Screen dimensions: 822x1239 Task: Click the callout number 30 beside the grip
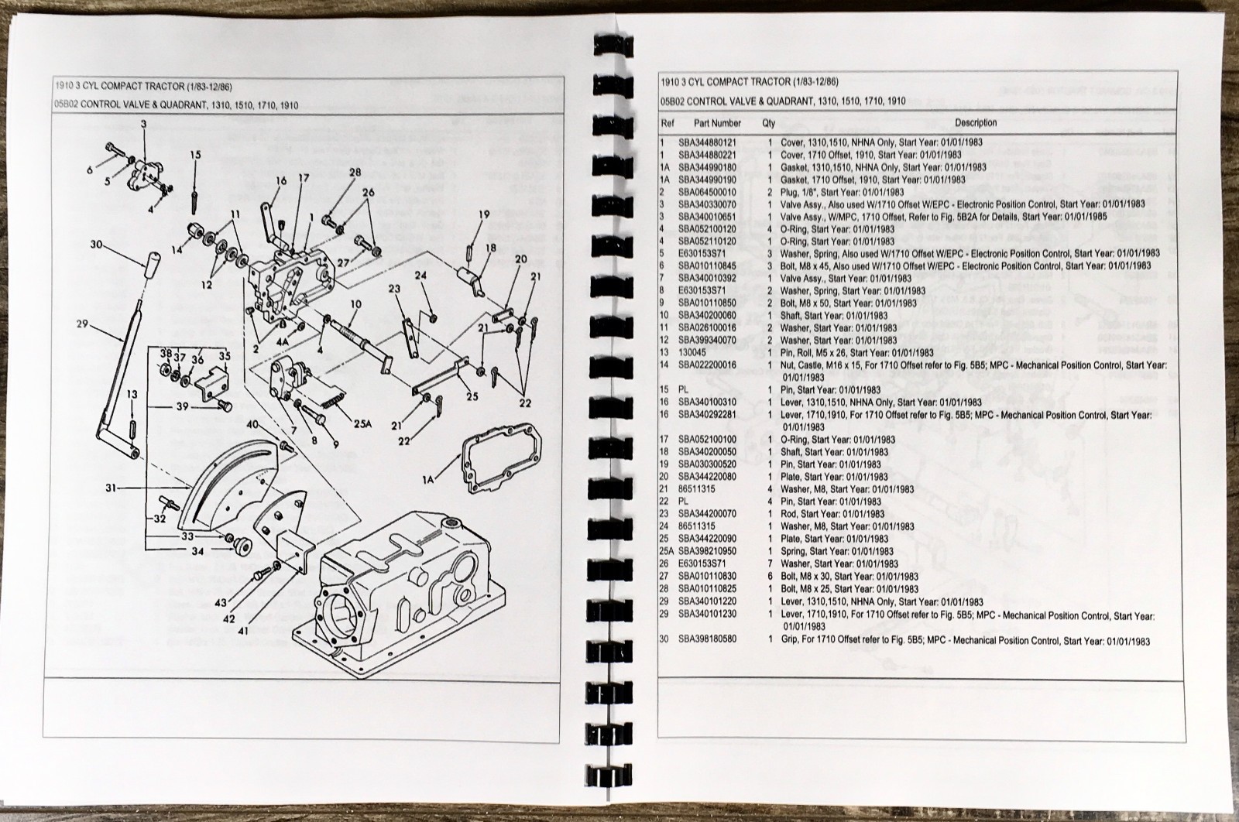[x=96, y=245]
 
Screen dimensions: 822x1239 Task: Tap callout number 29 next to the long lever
[x=83, y=324]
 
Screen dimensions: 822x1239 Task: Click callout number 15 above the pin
[x=195, y=155]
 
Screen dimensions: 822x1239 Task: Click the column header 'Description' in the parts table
[x=976, y=122]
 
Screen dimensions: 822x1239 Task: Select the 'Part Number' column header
[x=717, y=123]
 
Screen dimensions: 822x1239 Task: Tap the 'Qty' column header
[x=768, y=123]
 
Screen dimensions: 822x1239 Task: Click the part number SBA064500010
[x=708, y=192]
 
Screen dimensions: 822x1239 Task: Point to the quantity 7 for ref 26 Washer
[x=770, y=563]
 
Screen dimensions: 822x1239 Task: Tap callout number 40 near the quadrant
[x=254, y=424]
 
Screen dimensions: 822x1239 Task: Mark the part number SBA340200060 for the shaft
[x=708, y=315]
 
